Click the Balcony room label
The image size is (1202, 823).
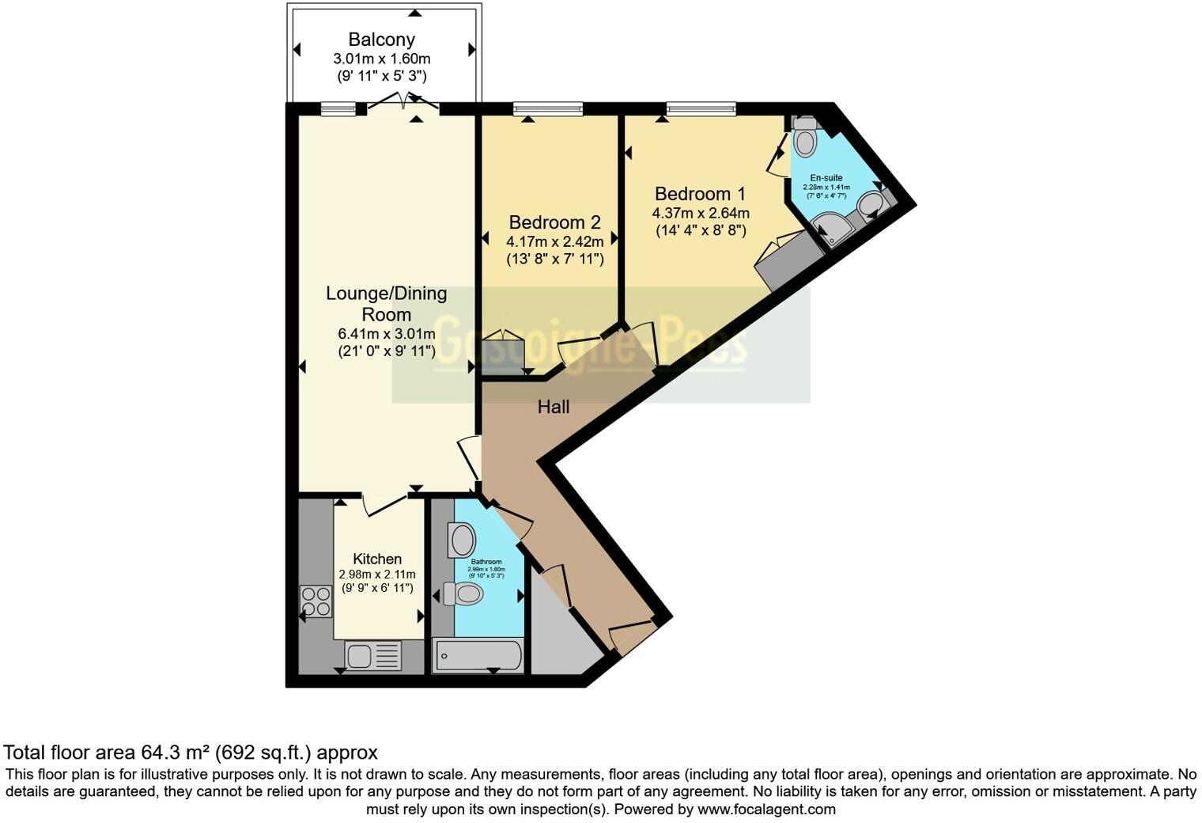[382, 39]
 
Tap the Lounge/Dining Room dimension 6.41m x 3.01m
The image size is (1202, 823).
[387, 334]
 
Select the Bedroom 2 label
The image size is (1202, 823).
[554, 222]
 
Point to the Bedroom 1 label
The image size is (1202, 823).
[700, 194]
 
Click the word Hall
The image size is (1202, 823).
[554, 407]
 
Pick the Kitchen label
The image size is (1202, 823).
[377, 559]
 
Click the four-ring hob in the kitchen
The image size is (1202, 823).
[316, 601]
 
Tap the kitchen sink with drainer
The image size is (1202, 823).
[373, 656]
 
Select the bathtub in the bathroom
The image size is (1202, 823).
[478, 656]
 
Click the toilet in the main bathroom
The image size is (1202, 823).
[464, 594]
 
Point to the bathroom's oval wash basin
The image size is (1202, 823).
[462, 540]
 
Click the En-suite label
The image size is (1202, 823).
[826, 178]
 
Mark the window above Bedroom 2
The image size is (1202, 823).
[548, 109]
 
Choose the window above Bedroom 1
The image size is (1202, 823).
[701, 109]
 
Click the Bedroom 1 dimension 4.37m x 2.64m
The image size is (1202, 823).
[700, 213]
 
